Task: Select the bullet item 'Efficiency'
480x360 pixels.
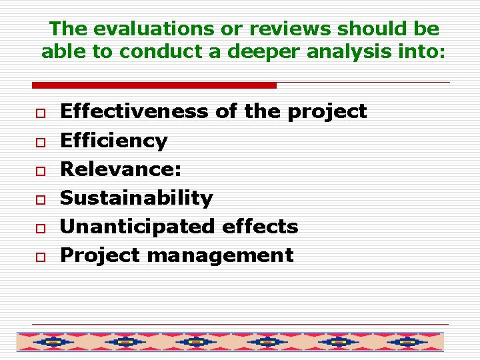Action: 114,141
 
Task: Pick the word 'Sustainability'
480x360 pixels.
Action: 137,198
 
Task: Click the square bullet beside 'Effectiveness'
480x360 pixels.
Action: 40,113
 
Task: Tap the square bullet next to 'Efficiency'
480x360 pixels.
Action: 40,142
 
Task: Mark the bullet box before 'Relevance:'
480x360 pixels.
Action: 40,171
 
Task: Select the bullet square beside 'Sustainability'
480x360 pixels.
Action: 40,199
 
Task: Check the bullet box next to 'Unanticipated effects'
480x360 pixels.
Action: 40,228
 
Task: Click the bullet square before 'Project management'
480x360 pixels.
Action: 40,257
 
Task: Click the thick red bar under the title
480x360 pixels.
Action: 154,85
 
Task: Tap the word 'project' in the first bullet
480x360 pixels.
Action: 327,111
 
